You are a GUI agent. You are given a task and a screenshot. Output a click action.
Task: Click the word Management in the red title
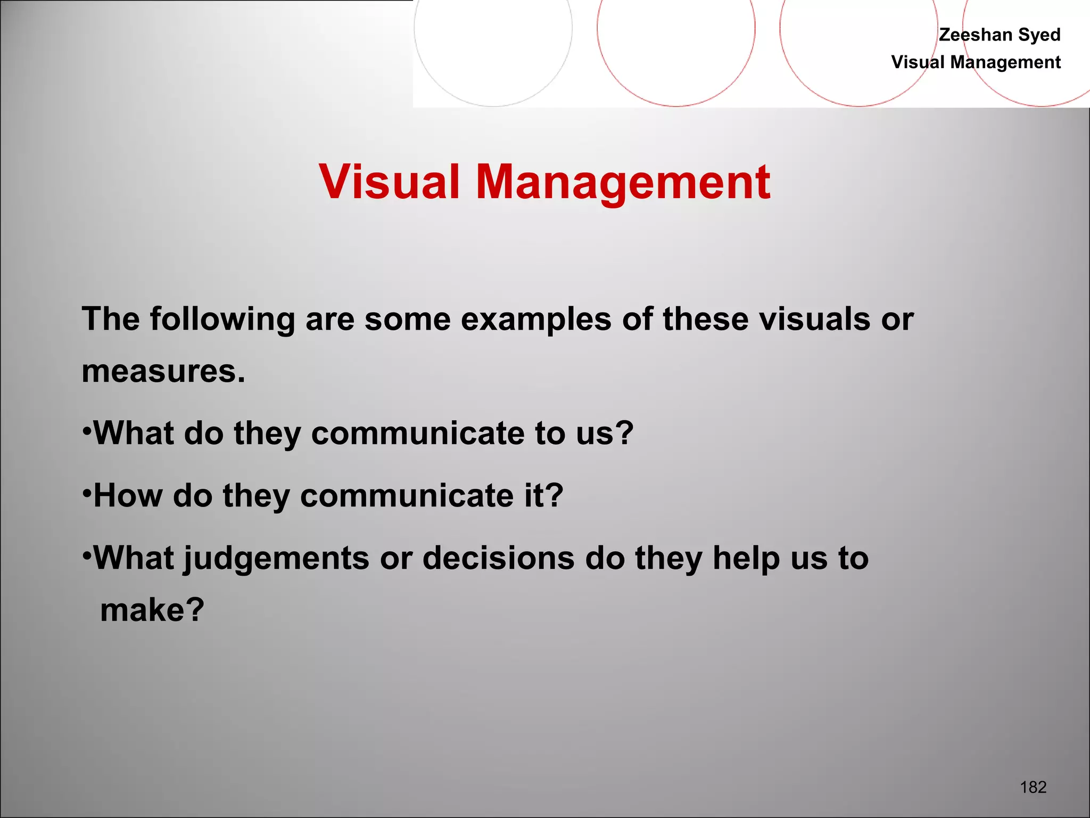click(x=623, y=182)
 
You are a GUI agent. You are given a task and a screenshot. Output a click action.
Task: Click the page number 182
click(x=1033, y=787)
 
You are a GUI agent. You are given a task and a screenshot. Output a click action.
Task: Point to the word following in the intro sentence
click(x=222, y=320)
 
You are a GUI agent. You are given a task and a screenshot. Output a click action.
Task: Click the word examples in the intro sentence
click(x=536, y=320)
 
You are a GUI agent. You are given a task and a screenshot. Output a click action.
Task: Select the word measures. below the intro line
click(x=163, y=371)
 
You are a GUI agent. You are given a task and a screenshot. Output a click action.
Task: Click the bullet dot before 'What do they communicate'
click(x=87, y=429)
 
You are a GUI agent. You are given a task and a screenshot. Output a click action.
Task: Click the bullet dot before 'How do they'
click(x=87, y=492)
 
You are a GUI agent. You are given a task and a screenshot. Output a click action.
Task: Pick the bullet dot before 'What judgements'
click(x=87, y=554)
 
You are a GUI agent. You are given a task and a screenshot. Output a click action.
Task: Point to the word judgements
click(x=277, y=559)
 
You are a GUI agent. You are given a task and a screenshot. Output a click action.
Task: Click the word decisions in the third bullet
click(x=499, y=558)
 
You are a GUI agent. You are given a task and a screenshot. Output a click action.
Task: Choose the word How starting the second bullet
click(x=128, y=496)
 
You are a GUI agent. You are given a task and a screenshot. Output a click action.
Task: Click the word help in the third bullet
click(x=746, y=559)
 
